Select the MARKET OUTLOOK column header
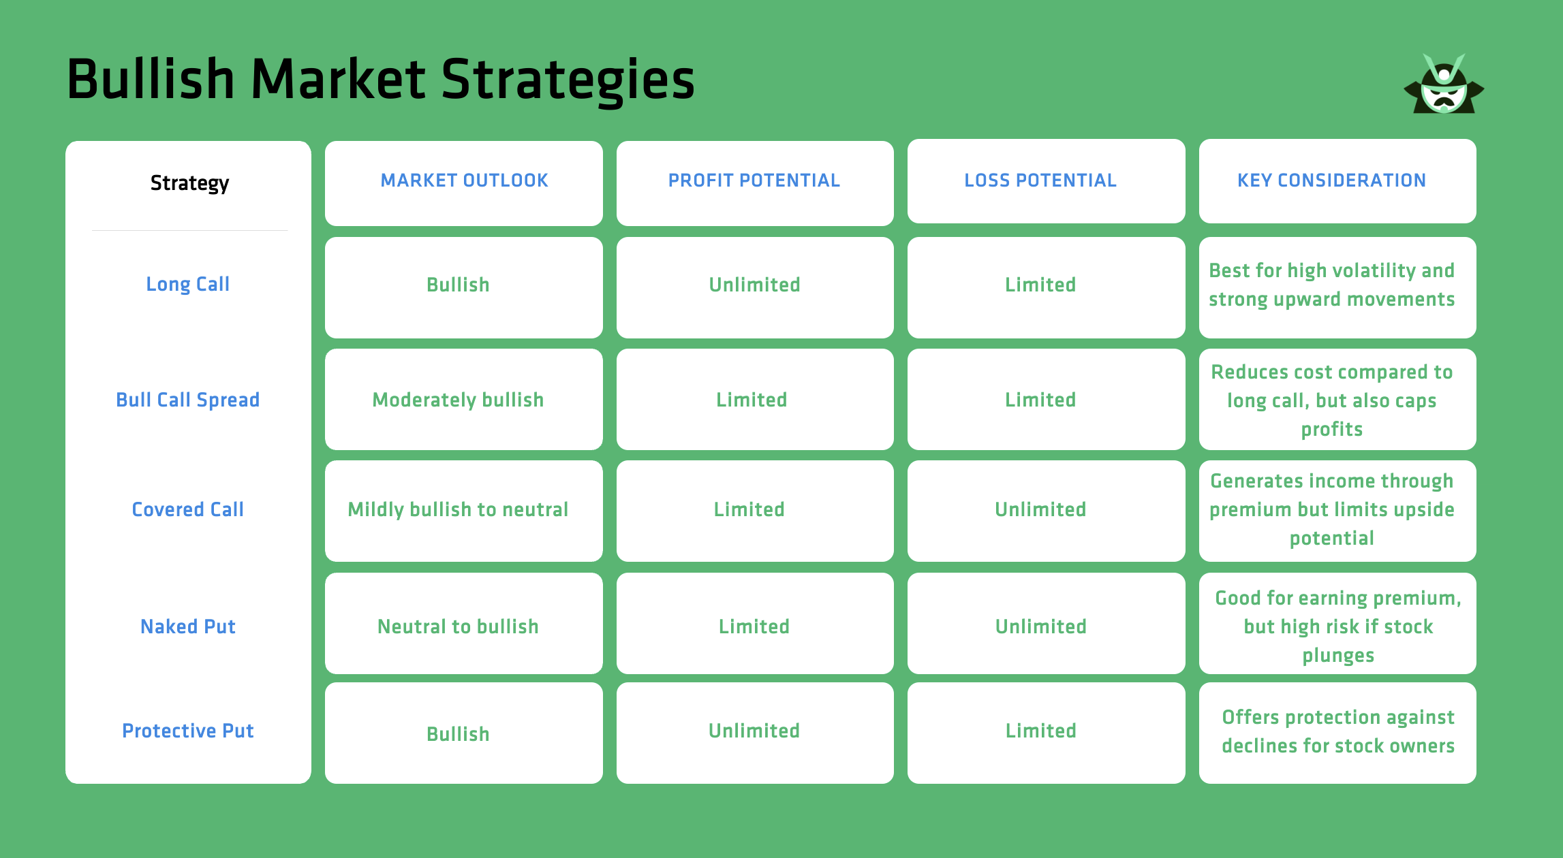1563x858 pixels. click(464, 180)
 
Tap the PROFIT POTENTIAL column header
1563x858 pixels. click(754, 180)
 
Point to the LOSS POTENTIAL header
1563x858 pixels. click(1040, 180)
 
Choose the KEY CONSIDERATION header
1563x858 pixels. click(1331, 180)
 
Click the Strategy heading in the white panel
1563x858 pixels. click(189, 183)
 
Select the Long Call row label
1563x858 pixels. click(188, 284)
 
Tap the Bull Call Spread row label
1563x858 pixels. click(188, 400)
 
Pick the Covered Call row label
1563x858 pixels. click(188, 509)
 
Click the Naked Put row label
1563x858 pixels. click(188, 626)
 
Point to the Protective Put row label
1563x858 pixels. click(188, 731)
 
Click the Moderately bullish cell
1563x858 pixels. click(458, 400)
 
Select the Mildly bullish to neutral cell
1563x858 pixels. click(458, 509)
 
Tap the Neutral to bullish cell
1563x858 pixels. click(458, 626)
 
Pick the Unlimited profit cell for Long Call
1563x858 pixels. click(754, 285)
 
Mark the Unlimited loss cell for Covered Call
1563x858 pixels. click(1040, 509)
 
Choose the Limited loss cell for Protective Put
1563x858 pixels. click(1040, 731)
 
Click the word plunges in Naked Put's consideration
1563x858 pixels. click(1338, 655)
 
